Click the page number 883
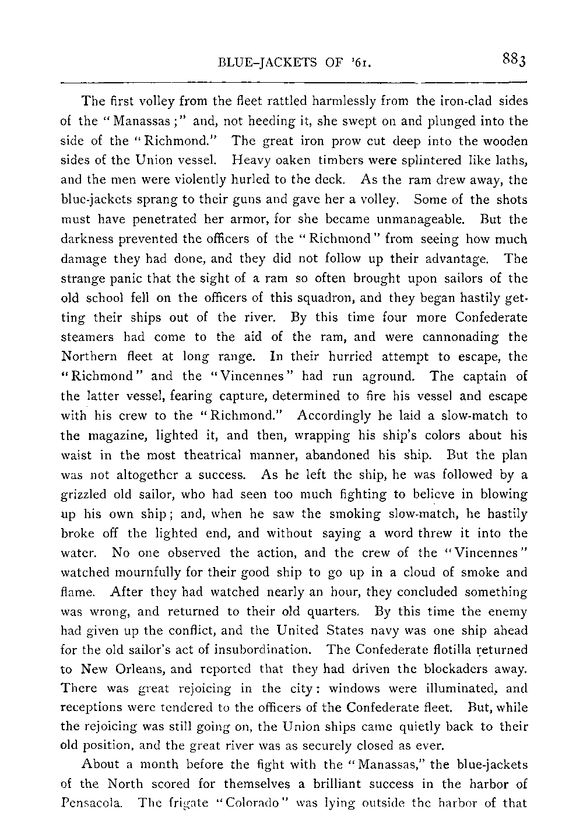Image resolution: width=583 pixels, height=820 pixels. click(513, 59)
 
